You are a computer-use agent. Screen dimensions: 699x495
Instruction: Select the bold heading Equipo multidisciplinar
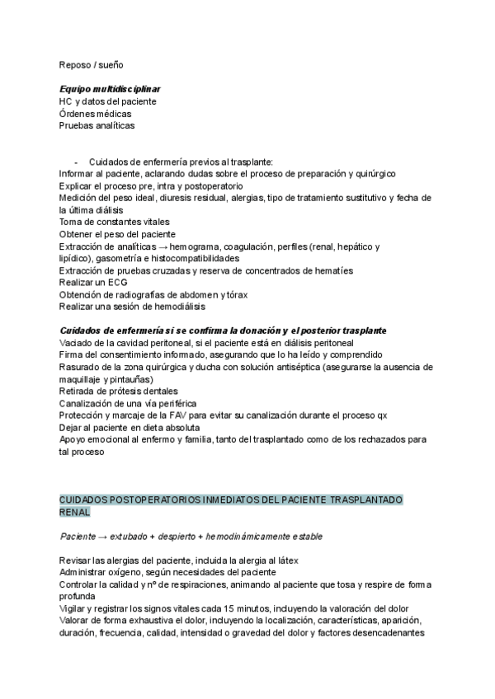tap(110, 89)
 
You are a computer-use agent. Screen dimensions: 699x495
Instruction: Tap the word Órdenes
tap(77, 114)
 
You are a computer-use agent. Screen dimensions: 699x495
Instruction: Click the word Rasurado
tap(79, 367)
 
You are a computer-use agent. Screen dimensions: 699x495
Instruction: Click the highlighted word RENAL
tap(75, 512)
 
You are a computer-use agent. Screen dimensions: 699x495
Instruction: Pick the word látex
tap(285, 561)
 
